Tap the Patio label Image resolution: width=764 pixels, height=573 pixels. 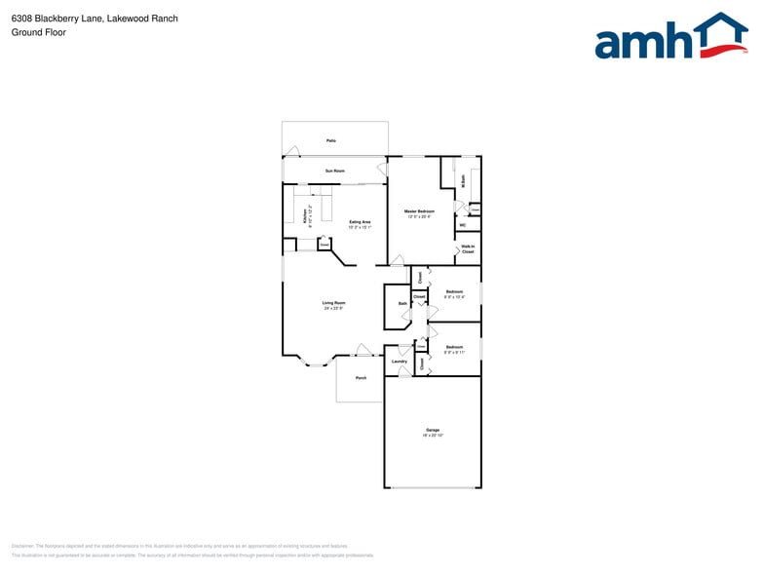pyautogui.click(x=331, y=142)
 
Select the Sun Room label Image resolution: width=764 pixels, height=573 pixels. pyautogui.click(x=334, y=172)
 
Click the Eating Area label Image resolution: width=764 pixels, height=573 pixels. pyautogui.click(x=360, y=222)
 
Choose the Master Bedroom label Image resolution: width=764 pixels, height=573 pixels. pyautogui.click(x=419, y=211)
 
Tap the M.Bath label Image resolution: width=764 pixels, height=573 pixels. pyautogui.click(x=464, y=180)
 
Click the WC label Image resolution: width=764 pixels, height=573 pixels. pyautogui.click(x=463, y=225)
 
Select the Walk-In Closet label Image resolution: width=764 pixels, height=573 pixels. pyautogui.click(x=468, y=248)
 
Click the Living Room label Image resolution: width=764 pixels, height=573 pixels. pyautogui.click(x=334, y=303)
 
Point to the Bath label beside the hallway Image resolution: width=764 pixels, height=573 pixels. pyautogui.click(x=402, y=304)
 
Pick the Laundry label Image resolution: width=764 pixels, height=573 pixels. pyautogui.click(x=400, y=362)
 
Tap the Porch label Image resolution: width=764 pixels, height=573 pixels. pyautogui.click(x=361, y=377)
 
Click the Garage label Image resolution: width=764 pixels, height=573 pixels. pyautogui.click(x=432, y=430)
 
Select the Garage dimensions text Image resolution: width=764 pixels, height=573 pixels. pyautogui.click(x=432, y=436)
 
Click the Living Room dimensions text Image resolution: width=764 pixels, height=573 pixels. pyautogui.click(x=334, y=309)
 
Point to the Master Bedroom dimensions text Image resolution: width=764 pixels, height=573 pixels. pyautogui.click(x=419, y=217)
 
